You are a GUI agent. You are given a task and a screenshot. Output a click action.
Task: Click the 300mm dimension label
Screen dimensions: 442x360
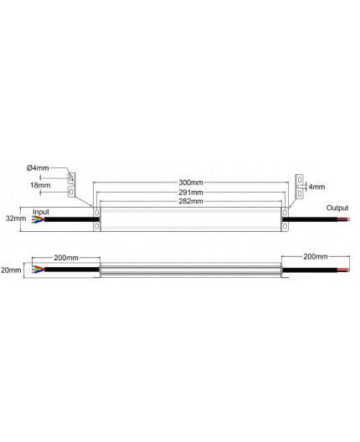coord(190,182)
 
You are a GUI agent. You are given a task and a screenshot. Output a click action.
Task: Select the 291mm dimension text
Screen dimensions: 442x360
coord(190,192)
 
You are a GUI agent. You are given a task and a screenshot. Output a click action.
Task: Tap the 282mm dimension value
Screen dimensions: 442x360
coord(190,202)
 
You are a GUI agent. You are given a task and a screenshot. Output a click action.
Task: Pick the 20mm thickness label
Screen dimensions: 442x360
coord(10,271)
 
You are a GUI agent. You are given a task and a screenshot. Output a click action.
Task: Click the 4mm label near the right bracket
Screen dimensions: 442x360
coord(316,186)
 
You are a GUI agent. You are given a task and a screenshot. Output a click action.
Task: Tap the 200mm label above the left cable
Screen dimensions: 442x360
coord(65,259)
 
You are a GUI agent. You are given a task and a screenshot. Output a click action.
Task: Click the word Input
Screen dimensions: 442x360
coord(42,211)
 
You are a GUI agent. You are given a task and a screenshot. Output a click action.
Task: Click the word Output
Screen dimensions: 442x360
coord(337,208)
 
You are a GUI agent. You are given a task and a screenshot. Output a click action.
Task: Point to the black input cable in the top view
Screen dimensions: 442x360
coord(67,220)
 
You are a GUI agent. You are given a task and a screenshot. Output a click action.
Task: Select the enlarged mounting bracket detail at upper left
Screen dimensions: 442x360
coord(72,186)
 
